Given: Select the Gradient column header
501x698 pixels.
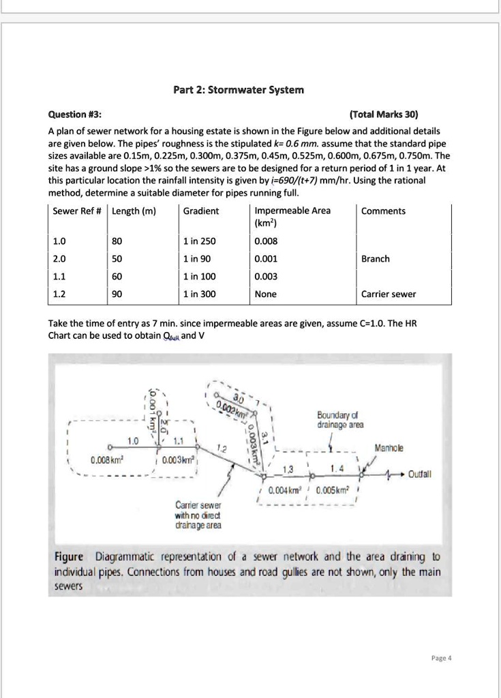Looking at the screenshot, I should pyautogui.click(x=201, y=211).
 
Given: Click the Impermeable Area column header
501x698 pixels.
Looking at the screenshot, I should pyautogui.click(x=292, y=211).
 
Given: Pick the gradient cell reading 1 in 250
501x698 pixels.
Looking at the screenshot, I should pyautogui.click(x=200, y=241).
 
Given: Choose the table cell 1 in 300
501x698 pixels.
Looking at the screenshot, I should pyautogui.click(x=200, y=294).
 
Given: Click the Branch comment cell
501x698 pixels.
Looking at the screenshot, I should pyautogui.click(x=376, y=258).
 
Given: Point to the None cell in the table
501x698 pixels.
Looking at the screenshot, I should pyautogui.click(x=265, y=294).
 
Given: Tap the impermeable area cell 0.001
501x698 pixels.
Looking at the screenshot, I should pyautogui.click(x=265, y=258).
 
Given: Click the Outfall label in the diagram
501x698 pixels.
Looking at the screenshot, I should pyautogui.click(x=421, y=474).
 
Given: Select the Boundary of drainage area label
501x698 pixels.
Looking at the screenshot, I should pyautogui.click(x=340, y=420).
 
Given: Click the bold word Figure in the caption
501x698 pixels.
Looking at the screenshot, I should pyautogui.click(x=69, y=556).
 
